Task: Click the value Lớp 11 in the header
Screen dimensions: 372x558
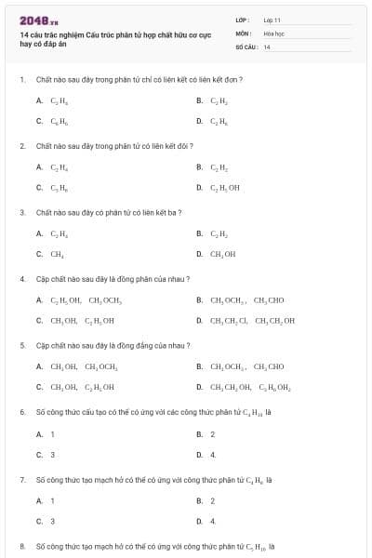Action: [272, 19]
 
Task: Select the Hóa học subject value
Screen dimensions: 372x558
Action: [273, 33]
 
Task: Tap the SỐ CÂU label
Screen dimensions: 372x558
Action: [246, 46]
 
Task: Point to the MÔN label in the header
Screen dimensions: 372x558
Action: [244, 33]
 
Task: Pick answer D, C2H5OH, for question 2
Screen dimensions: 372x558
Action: [223, 187]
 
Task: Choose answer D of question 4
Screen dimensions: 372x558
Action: [251, 321]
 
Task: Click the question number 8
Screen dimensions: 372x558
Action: [22, 546]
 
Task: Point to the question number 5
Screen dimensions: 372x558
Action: [22, 345]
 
